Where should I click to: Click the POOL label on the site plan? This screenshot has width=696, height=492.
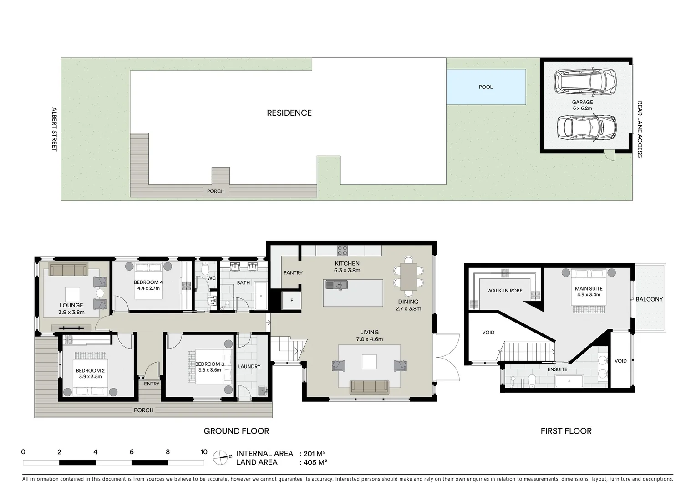point(486,87)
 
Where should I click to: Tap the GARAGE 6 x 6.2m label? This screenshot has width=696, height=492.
point(582,105)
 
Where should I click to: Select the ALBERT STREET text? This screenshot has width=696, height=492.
point(54,129)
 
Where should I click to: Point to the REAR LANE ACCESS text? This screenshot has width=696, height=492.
point(640,129)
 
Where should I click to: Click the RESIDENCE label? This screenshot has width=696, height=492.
point(289,113)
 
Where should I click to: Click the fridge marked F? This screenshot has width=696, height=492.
point(291,301)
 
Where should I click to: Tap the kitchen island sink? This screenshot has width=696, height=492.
point(336,285)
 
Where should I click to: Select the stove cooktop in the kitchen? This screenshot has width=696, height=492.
point(342,251)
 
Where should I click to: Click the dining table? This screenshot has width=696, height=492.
point(408,277)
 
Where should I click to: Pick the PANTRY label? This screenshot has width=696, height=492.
point(293,273)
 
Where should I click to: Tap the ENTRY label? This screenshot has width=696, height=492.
point(152,384)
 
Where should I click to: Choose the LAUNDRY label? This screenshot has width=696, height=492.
point(249,366)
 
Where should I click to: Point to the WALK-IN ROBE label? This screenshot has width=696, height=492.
point(505,291)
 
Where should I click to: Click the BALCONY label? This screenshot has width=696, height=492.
point(649,299)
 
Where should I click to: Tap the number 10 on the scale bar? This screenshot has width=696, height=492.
point(203,452)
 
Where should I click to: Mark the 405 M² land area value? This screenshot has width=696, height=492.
point(313,462)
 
